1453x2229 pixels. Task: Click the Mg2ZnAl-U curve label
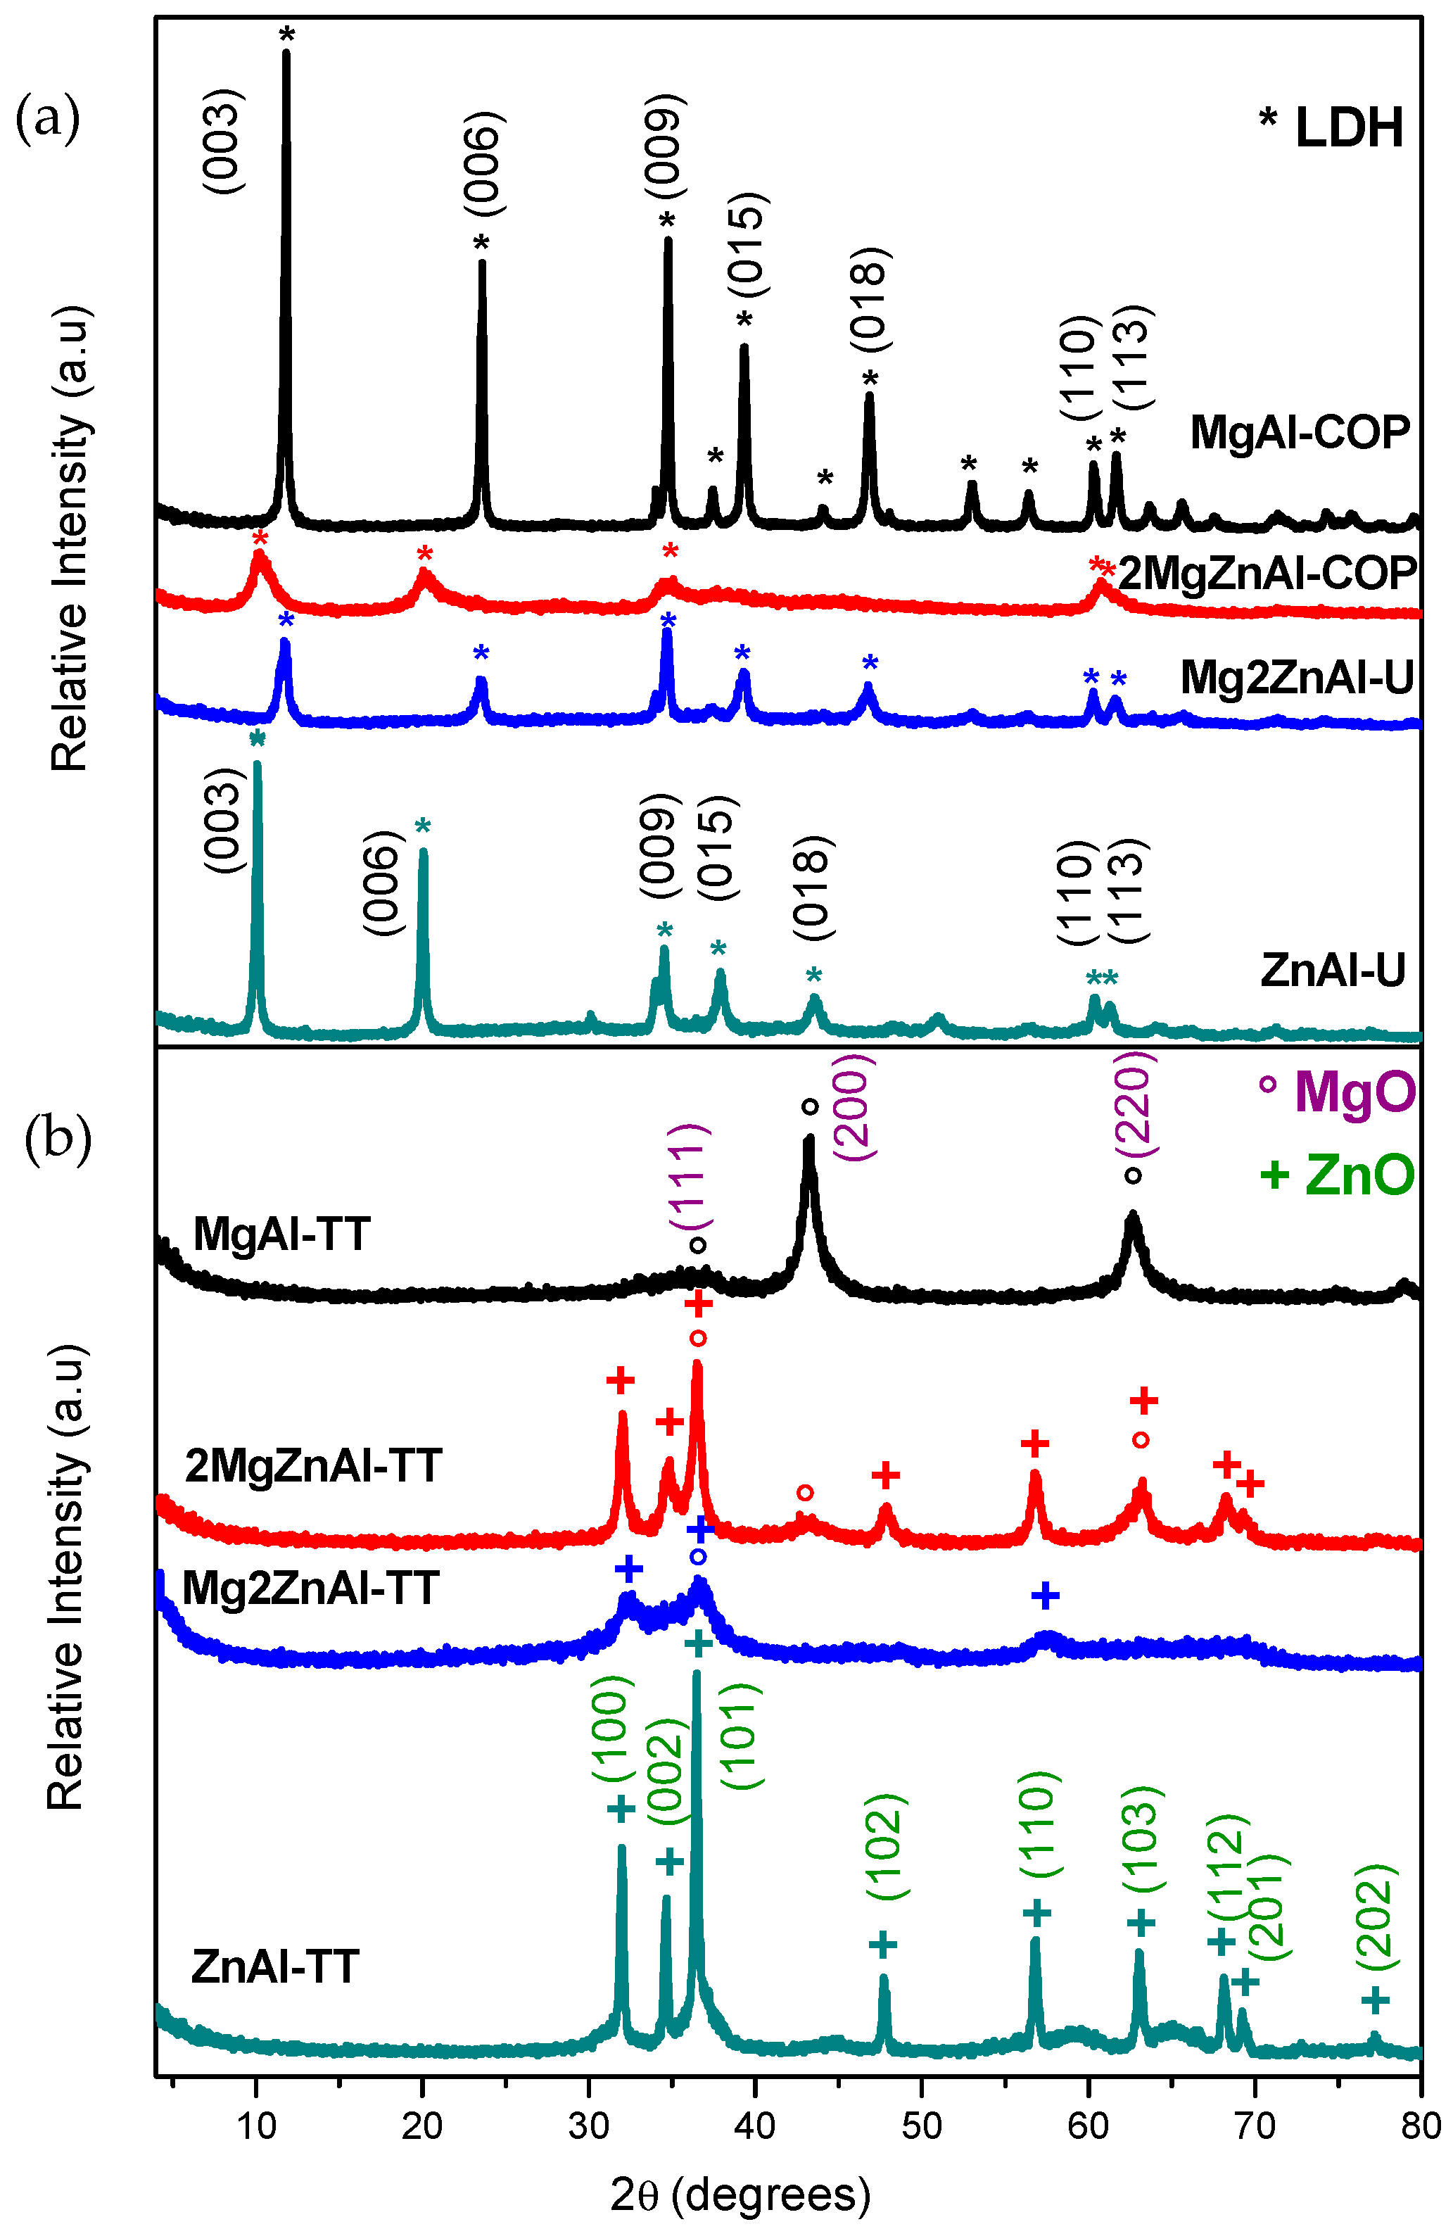click(x=1297, y=677)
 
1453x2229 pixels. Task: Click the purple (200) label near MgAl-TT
click(x=853, y=1107)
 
